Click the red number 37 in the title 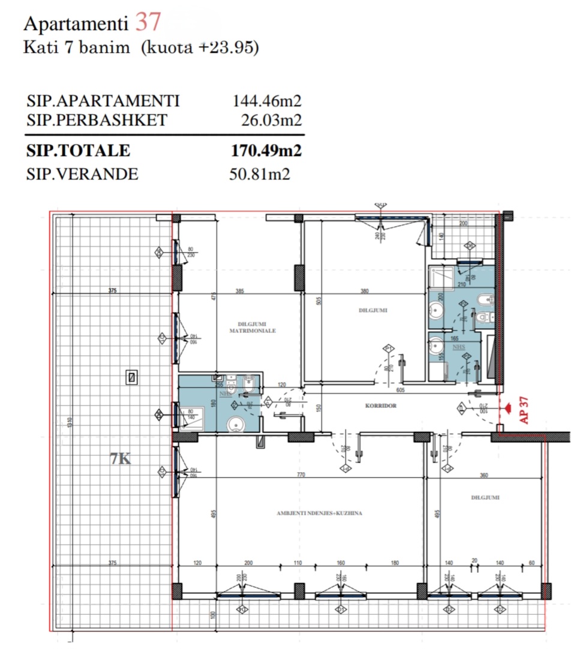point(148,22)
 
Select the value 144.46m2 point(266,101)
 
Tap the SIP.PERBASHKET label point(97,121)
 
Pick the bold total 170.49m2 point(266,151)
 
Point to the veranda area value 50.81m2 point(260,175)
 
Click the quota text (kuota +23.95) point(200,48)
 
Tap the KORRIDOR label point(381,406)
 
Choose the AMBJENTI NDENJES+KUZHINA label point(320,513)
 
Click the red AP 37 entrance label point(523,409)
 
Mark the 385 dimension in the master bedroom point(239,292)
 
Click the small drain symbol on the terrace point(131,377)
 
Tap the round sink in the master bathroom point(235,425)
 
